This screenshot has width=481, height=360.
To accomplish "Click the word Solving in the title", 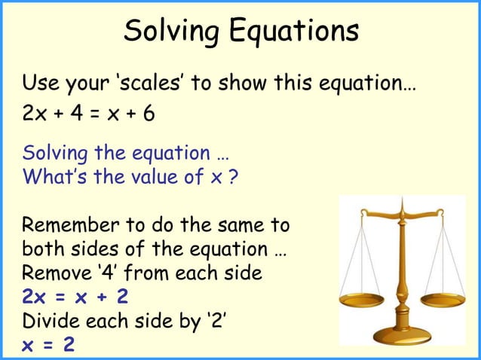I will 164,32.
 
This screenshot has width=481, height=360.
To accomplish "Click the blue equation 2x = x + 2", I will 75,297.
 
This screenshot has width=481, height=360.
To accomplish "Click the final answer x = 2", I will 49,344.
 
